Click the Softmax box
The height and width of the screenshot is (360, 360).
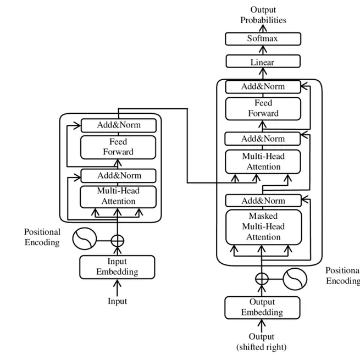pyautogui.click(x=263, y=39)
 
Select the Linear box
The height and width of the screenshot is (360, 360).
pyautogui.click(x=263, y=62)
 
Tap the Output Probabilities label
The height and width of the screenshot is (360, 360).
pyautogui.click(x=263, y=15)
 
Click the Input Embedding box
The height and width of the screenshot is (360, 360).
pyautogui.click(x=117, y=267)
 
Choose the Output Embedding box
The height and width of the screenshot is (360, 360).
pyautogui.click(x=262, y=307)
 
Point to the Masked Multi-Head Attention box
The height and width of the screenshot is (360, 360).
pyautogui.click(x=263, y=226)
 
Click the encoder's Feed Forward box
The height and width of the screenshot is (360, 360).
pyautogui.click(x=118, y=147)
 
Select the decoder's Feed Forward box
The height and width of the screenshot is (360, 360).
pyautogui.click(x=263, y=108)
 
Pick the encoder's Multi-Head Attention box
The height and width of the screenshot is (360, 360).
pyautogui.click(x=118, y=196)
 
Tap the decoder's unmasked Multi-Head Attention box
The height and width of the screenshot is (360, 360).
pyautogui.click(x=263, y=162)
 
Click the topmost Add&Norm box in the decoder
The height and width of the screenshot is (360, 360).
pyautogui.click(x=263, y=86)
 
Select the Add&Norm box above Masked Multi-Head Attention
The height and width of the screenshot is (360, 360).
pyautogui.click(x=263, y=201)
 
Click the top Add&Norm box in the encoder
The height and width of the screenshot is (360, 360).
pyautogui.click(x=118, y=125)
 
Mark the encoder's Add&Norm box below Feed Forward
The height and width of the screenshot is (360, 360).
pyautogui.click(x=118, y=176)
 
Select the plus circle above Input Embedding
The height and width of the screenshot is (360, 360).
pyautogui.click(x=118, y=240)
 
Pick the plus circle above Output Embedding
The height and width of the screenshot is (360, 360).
pyautogui.click(x=262, y=279)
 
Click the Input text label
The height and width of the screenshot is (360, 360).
pyautogui.click(x=117, y=301)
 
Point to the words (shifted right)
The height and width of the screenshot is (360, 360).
pyautogui.click(x=262, y=347)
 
